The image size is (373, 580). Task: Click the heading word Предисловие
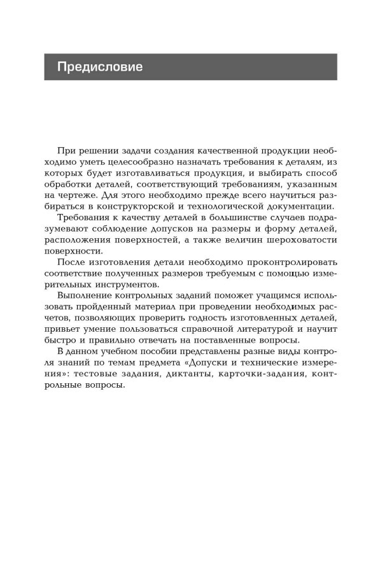click(100, 67)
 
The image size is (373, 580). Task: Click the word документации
click(293, 205)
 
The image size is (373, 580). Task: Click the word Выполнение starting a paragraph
click(85, 297)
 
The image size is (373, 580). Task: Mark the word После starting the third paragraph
click(71, 262)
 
